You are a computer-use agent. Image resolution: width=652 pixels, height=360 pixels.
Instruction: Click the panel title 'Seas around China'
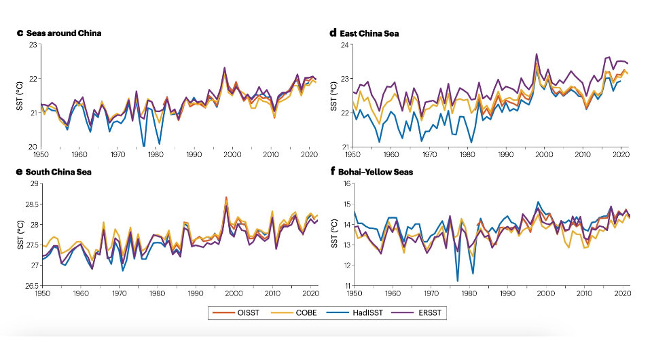click(x=63, y=33)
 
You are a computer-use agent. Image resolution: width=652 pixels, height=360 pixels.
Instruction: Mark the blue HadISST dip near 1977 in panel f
click(x=457, y=280)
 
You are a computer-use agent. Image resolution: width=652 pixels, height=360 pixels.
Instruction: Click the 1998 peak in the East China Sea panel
click(x=537, y=54)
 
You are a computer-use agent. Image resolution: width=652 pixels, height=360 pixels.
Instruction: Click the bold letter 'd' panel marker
click(x=333, y=33)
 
